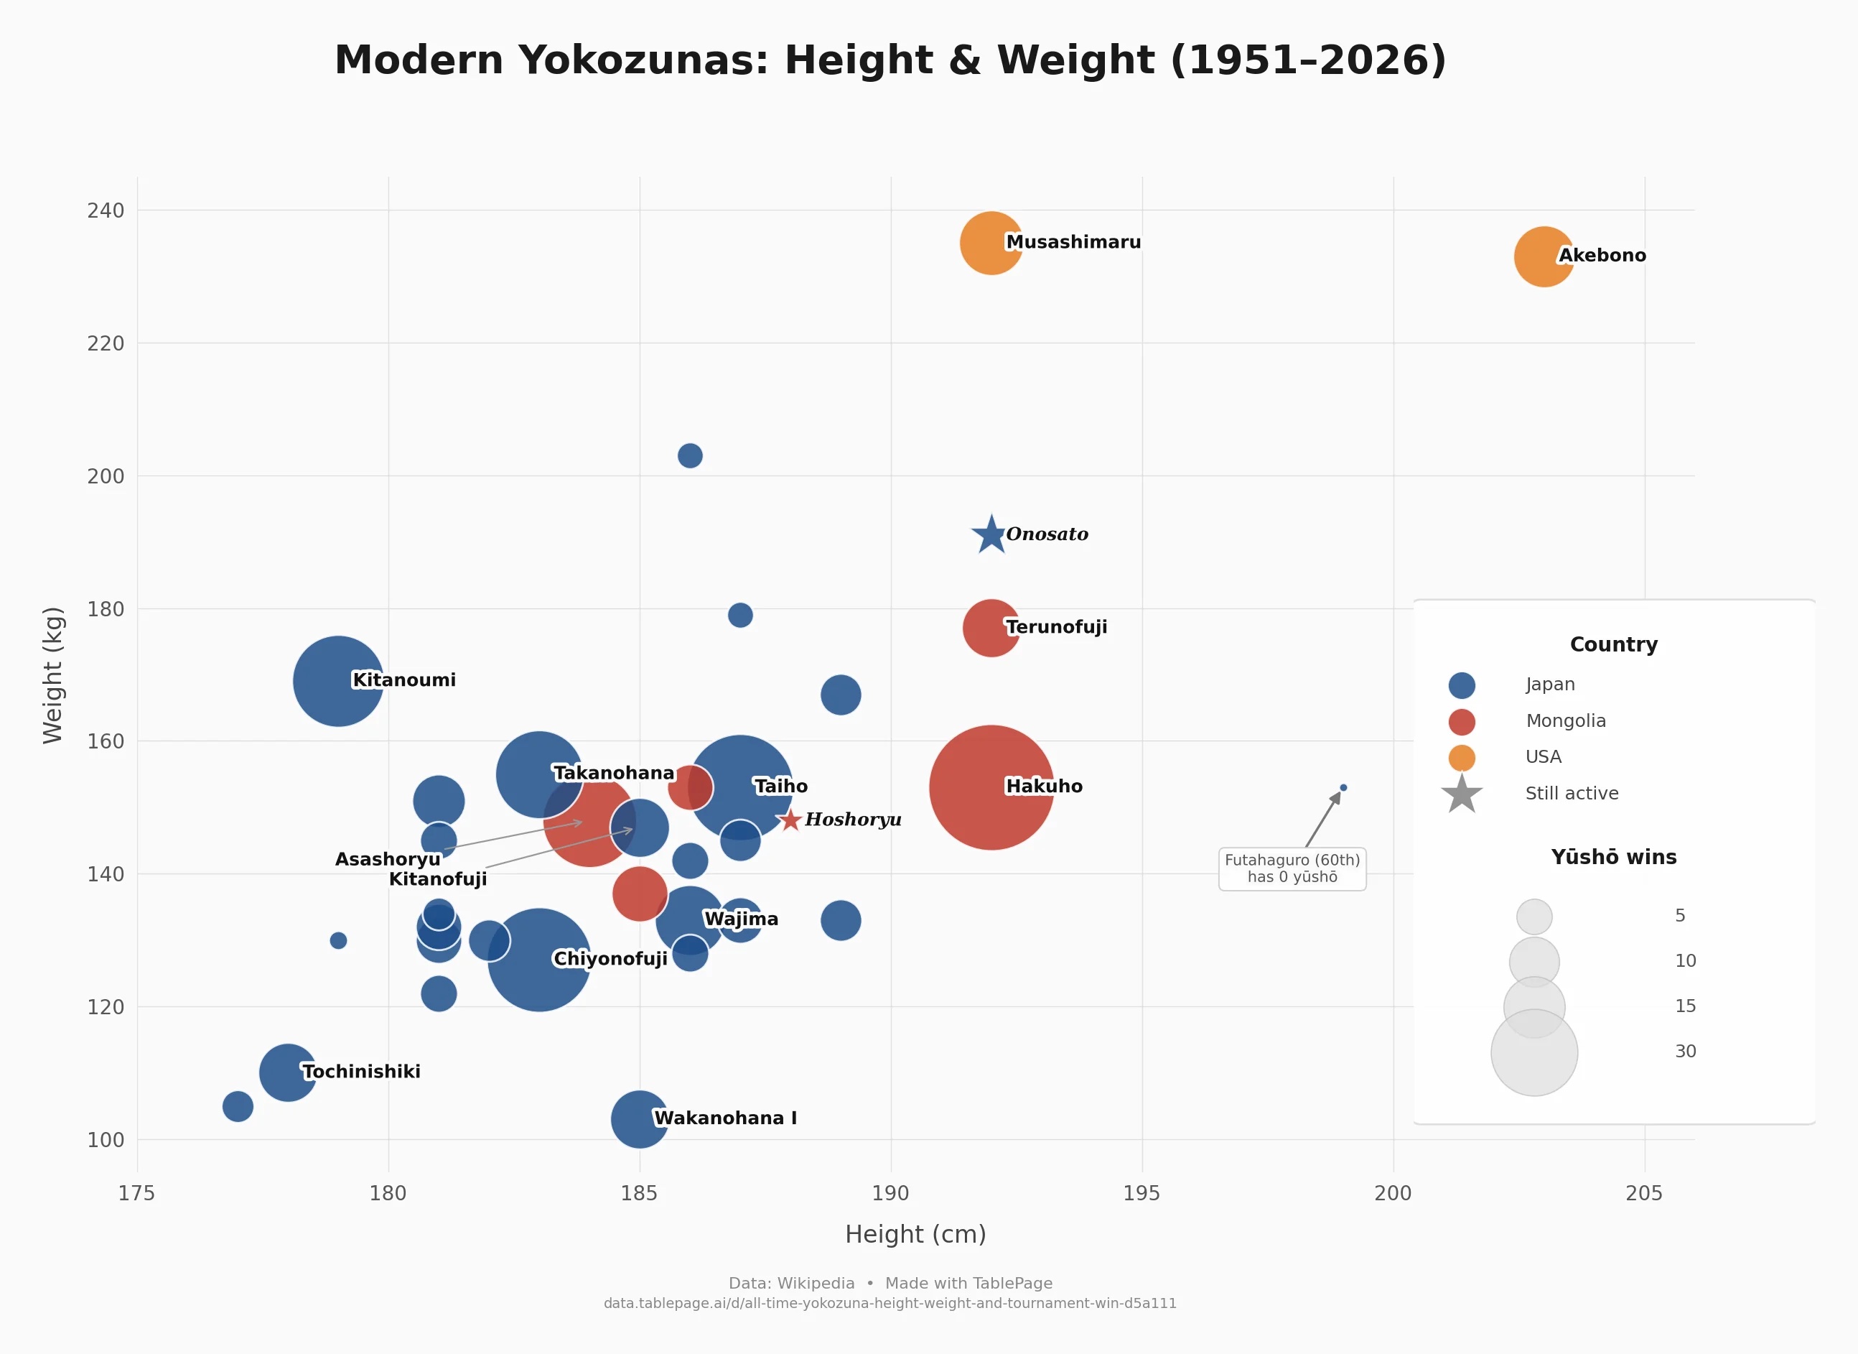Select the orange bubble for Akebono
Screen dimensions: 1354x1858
pos(1544,256)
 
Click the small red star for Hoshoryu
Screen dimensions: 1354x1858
pos(790,820)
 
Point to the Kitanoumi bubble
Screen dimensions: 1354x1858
pos(337,680)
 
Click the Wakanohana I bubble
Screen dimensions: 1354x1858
pos(639,1119)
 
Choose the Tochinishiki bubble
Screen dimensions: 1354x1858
pos(288,1072)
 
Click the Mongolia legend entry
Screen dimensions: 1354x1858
pos(1564,721)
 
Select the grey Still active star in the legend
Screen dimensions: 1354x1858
pos(1462,794)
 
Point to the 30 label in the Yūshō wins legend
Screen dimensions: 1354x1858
pos(1684,1052)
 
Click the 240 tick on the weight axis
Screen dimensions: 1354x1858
pos(106,210)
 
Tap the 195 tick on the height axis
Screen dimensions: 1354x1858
pos(1142,1193)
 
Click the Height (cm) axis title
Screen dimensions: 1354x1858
pos(915,1234)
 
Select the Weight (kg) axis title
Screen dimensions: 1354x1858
pos(53,675)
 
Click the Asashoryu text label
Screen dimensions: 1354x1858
pos(388,859)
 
